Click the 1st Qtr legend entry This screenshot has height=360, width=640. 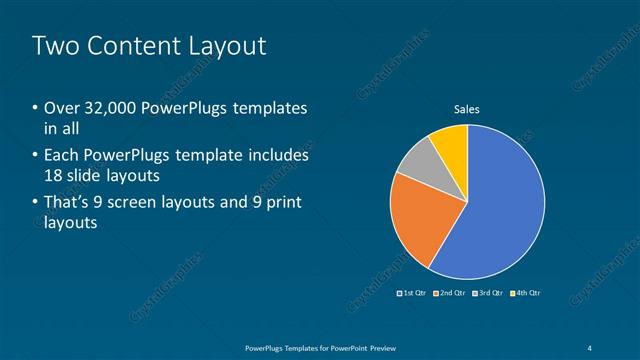pyautogui.click(x=413, y=293)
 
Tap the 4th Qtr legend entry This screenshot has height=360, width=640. pyautogui.click(x=524, y=293)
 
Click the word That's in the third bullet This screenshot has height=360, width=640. pyautogui.click(x=67, y=204)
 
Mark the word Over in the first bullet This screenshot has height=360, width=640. pyautogui.click(x=63, y=108)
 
